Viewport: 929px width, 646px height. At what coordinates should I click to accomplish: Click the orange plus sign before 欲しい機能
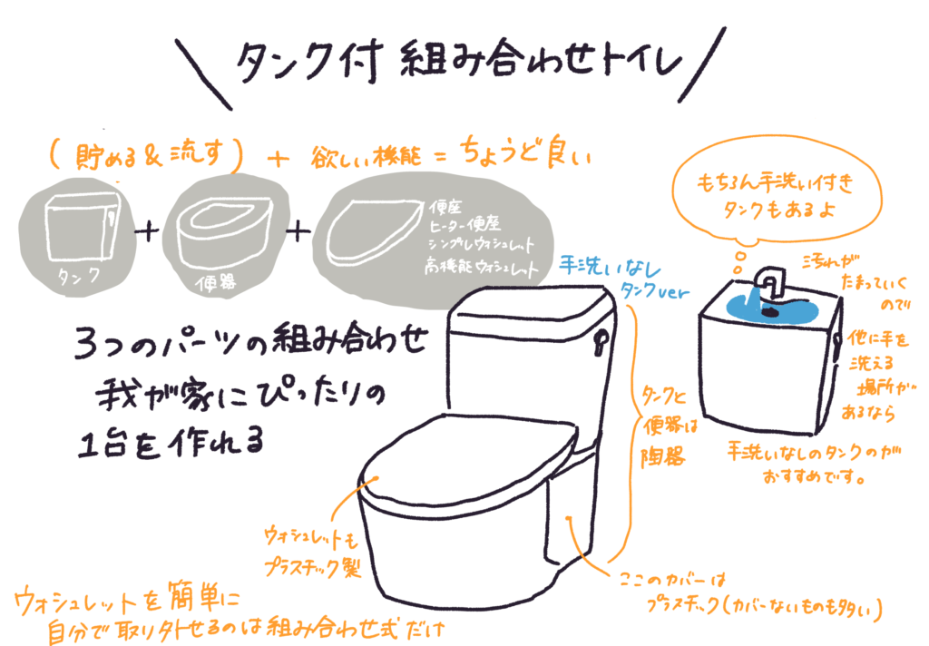point(278,159)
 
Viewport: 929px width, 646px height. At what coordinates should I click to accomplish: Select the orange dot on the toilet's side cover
point(567,518)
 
